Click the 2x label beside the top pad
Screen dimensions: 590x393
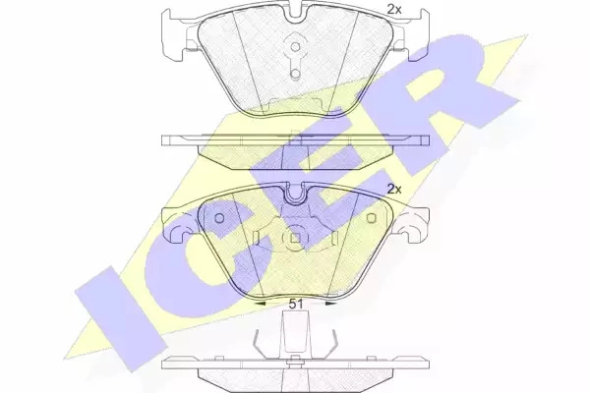[394, 9]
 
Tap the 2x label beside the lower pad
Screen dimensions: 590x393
[394, 190]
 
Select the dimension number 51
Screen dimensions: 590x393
[296, 305]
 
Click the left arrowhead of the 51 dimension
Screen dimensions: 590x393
[260, 304]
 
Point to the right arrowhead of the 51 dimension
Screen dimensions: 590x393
[331, 304]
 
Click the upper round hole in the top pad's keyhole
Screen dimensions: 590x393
[296, 46]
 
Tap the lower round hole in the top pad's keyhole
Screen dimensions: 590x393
[296, 74]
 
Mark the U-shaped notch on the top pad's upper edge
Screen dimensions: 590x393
[296, 14]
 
